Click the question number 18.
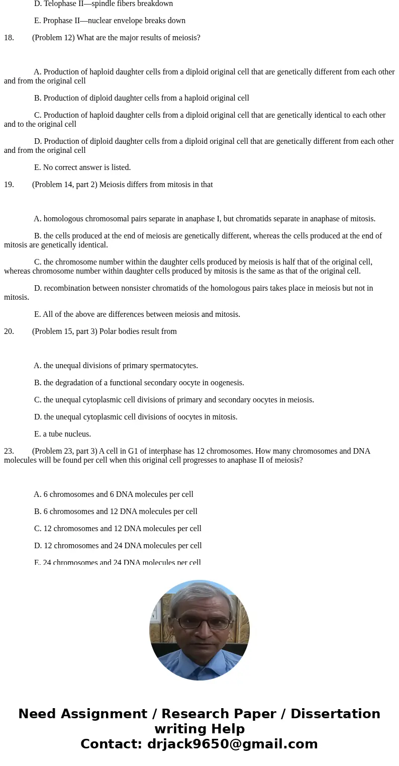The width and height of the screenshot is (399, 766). point(9,38)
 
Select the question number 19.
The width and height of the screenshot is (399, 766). point(9,185)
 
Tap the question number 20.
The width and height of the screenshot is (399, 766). point(9,331)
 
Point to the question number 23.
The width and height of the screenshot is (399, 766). point(9,451)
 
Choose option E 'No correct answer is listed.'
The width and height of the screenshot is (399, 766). point(82,167)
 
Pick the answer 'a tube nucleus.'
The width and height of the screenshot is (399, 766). point(62,434)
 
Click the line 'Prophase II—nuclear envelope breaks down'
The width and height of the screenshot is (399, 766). point(110,21)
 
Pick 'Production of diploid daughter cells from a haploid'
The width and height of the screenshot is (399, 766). point(141,98)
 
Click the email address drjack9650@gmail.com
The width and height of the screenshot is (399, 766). point(232,744)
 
